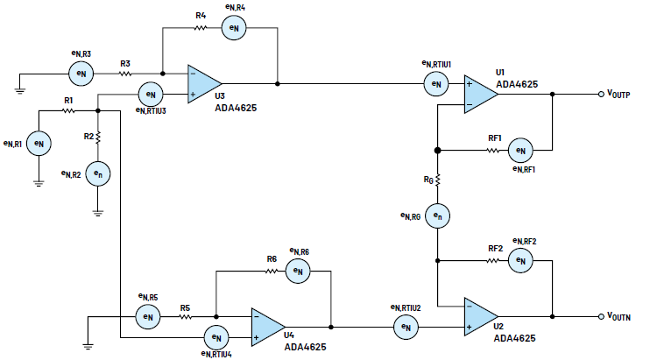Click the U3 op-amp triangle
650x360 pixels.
click(201, 84)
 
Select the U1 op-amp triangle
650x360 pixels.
click(480, 93)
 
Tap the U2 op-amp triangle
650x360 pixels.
click(480, 316)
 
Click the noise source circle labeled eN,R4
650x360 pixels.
click(232, 29)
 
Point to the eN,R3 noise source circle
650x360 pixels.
click(81, 74)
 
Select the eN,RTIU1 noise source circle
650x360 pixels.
click(435, 84)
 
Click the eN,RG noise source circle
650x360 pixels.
click(438, 215)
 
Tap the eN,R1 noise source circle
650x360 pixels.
click(38, 142)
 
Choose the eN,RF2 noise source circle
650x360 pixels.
click(520, 260)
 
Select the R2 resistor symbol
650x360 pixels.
click(98, 138)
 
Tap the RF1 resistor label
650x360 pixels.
click(495, 138)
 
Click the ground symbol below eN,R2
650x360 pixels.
click(98, 210)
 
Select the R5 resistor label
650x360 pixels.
click(185, 307)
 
